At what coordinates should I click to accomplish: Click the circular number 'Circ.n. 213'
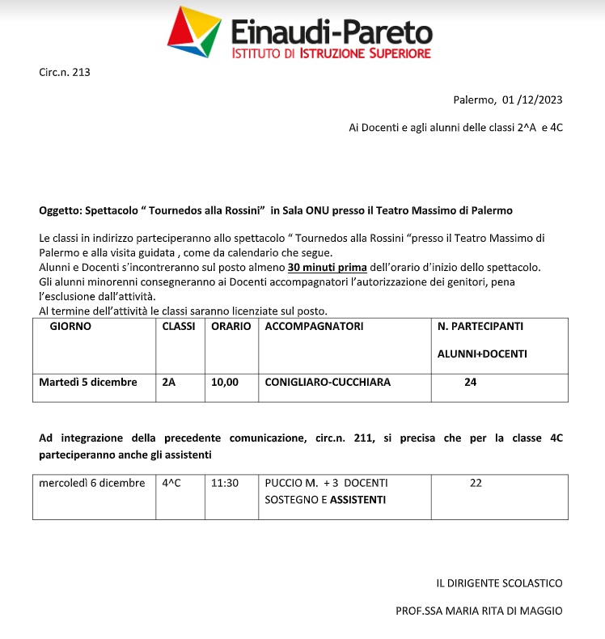click(65, 73)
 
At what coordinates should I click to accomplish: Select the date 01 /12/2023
click(532, 100)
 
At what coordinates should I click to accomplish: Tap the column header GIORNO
click(70, 327)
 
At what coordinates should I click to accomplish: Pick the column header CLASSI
click(179, 327)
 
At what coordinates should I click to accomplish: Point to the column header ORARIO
click(231, 327)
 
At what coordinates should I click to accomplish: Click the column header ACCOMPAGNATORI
click(314, 327)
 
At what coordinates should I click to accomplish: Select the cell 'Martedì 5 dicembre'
click(88, 383)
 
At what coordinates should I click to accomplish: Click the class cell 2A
click(169, 383)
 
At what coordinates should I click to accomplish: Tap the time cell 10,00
click(225, 383)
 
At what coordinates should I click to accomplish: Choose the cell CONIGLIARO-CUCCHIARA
click(328, 383)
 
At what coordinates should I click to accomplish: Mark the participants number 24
click(470, 383)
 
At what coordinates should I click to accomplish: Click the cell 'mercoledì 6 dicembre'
click(92, 483)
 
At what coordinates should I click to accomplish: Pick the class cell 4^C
click(171, 483)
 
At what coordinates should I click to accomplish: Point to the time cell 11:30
click(225, 483)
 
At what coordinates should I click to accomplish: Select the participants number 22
click(476, 483)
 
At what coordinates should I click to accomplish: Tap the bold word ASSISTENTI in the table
click(357, 500)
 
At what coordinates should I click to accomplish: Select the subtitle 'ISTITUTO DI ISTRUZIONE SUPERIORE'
click(331, 53)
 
